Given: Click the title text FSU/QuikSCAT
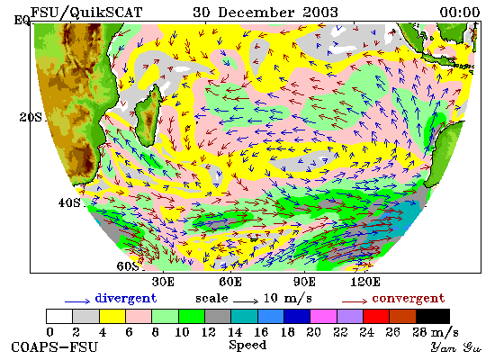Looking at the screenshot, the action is click(86, 13).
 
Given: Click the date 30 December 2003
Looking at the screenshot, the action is click(265, 13).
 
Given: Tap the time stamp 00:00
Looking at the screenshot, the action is click(460, 13).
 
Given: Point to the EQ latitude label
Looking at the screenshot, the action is click(22, 21).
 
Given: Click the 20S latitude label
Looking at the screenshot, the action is click(31, 118).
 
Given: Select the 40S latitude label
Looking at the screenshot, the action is click(69, 202).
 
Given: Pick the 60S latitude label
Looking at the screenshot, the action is click(128, 266).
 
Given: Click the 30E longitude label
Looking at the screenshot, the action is click(163, 282).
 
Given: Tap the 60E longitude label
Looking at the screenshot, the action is click(230, 282).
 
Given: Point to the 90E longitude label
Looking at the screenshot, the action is click(304, 282).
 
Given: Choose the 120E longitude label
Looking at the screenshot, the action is click(365, 282).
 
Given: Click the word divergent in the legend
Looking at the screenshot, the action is click(126, 299).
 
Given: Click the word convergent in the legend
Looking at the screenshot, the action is click(409, 299).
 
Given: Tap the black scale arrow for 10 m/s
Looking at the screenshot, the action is click(246, 301).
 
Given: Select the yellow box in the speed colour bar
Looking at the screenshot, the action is click(112, 317).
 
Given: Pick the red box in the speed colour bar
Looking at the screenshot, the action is click(376, 317).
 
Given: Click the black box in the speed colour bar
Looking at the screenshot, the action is click(433, 317).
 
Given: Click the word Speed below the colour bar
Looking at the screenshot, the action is click(247, 345).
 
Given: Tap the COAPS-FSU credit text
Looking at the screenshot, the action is click(54, 347).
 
